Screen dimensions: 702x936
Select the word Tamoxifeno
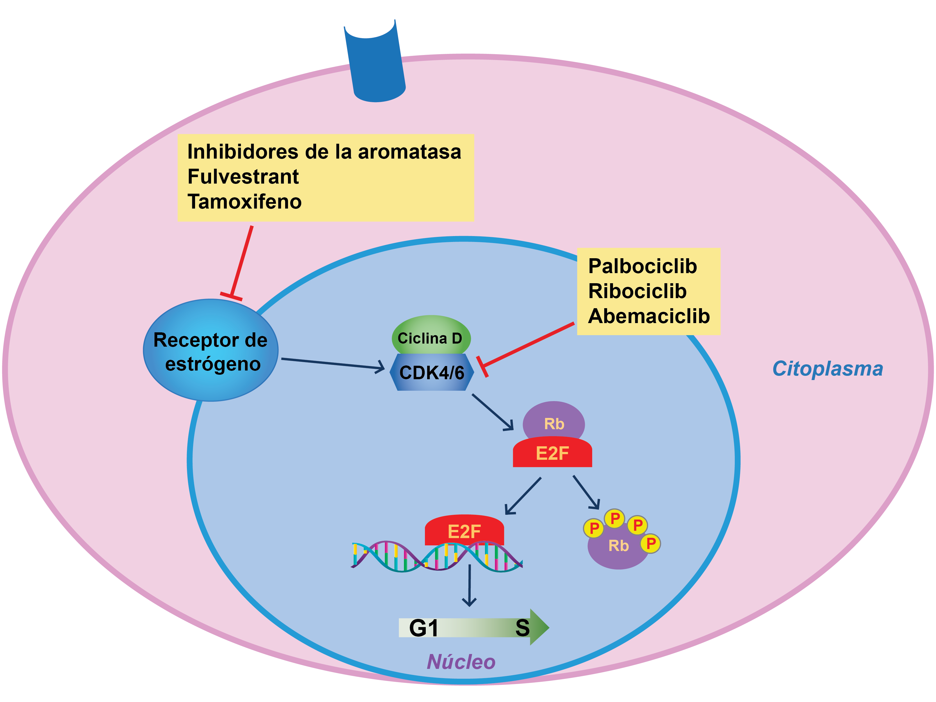click(244, 202)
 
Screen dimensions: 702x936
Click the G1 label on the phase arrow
click(424, 628)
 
